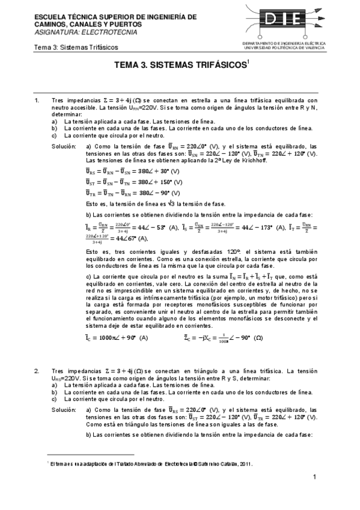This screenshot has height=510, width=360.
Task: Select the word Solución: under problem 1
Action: coord(63,146)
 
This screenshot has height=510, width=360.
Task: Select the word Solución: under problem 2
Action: coord(63,410)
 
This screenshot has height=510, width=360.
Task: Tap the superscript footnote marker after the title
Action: coord(248,65)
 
